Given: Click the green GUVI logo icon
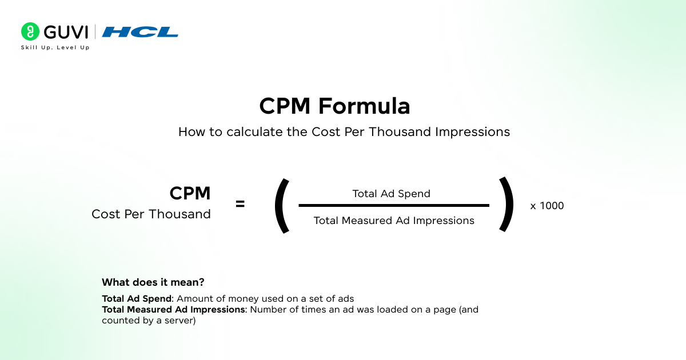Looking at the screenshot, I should click(30, 31).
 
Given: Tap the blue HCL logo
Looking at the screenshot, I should click(140, 32).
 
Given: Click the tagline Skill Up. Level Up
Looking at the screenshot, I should click(55, 47).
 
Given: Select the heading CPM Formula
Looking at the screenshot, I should click(334, 107).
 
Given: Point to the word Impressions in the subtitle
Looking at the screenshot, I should click(472, 132).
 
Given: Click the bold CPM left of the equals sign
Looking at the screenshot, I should click(190, 194).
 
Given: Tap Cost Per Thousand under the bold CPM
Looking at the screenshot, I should click(151, 214).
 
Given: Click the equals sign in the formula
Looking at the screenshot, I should click(240, 204).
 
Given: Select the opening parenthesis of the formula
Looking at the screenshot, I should click(281, 205).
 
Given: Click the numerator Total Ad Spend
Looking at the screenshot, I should click(391, 194).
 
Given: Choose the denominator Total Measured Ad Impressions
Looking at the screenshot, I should click(394, 221).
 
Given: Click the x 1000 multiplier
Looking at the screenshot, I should click(547, 206).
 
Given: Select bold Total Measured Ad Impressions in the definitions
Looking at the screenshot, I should click(173, 310).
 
